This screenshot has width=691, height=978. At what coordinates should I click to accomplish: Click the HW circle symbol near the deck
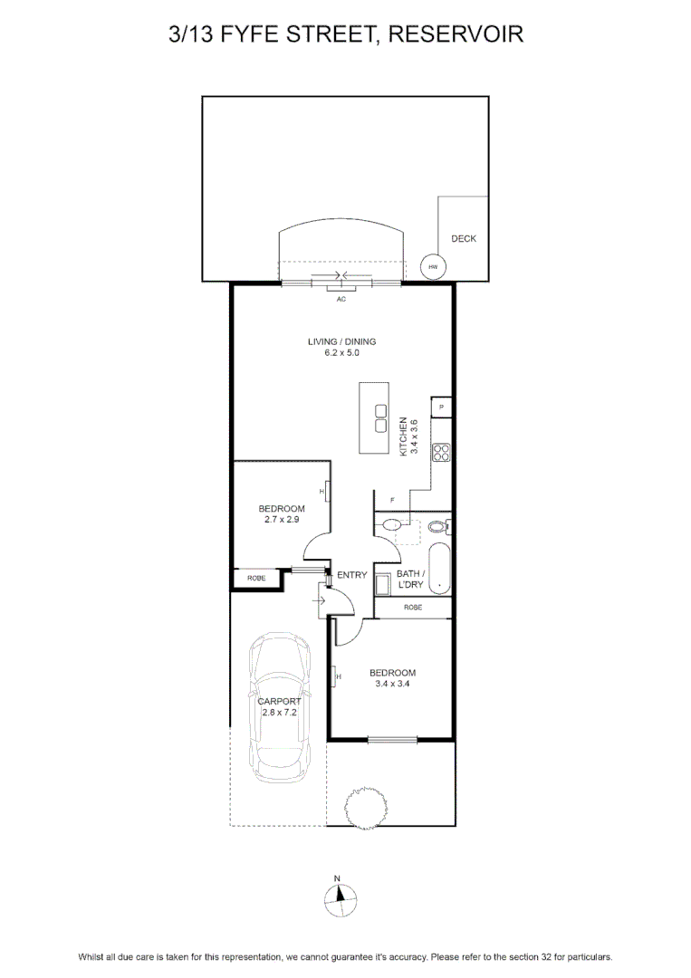[x=432, y=267]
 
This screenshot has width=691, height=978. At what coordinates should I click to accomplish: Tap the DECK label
[x=464, y=238]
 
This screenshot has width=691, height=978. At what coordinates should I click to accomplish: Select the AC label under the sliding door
[x=341, y=300]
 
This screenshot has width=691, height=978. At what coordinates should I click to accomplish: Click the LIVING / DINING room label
[x=341, y=341]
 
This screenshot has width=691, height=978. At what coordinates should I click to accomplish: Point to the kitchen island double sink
[x=379, y=417]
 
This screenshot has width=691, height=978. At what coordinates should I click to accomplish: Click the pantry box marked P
[x=441, y=407]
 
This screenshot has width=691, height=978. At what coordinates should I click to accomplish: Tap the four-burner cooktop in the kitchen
[x=442, y=452]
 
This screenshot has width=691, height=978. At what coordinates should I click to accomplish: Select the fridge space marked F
[x=391, y=500]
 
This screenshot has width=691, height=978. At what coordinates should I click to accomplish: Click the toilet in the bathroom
[x=440, y=527]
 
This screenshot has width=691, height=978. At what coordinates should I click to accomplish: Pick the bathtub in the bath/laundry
[x=439, y=568]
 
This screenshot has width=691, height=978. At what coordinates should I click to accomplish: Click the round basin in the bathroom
[x=392, y=524]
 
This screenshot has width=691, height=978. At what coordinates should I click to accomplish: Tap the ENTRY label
[x=351, y=574]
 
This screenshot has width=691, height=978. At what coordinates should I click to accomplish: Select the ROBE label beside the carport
[x=256, y=578]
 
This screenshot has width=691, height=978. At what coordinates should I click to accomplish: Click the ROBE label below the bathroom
[x=413, y=607]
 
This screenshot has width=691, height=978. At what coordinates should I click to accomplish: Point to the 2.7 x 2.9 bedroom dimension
[x=282, y=519]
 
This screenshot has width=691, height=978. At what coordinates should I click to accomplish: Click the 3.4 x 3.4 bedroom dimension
[x=392, y=683]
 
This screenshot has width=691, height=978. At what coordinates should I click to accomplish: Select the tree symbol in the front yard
[x=366, y=809]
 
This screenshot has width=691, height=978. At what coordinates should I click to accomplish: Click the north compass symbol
[x=340, y=899]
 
